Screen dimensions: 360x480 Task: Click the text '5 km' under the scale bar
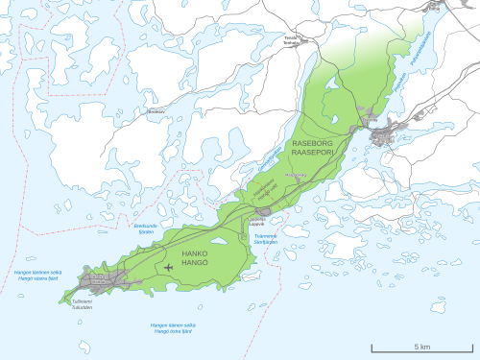click(420, 346)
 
